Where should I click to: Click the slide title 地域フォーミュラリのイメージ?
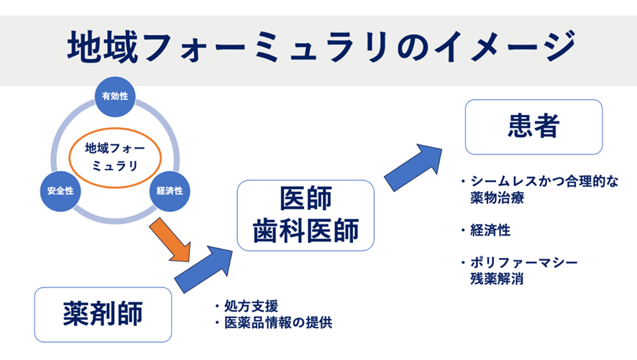[318, 47]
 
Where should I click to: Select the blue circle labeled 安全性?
[60, 192]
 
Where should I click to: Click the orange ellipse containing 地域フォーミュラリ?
[115, 158]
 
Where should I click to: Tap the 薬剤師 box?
[103, 314]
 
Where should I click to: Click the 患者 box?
[533, 126]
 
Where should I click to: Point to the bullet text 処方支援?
[251, 305]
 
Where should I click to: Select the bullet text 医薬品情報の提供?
[278, 323]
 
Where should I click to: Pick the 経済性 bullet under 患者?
[491, 230]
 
